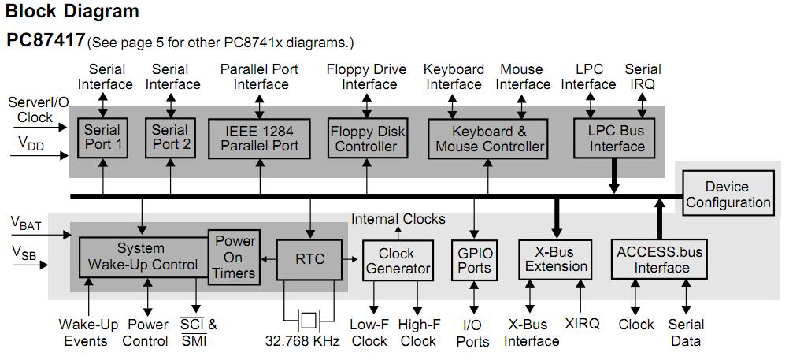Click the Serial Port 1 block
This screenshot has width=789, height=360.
coord(103,137)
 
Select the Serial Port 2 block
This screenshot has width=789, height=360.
coord(171,137)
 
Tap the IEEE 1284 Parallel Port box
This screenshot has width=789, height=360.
coord(259,137)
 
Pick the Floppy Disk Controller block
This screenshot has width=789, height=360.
coord(366,138)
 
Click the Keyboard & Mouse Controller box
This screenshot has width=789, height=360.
coord(490,138)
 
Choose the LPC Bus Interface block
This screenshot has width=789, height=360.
coord(617,138)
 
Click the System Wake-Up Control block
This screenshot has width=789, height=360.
coord(142,257)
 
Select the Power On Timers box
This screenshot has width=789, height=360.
coord(235,257)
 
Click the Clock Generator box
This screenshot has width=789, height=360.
coord(397,261)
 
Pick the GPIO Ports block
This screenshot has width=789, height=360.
coord(475,260)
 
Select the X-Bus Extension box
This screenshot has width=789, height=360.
coord(556,259)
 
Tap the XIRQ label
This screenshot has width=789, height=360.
coord(582,324)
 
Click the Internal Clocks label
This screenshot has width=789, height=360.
coord(398,219)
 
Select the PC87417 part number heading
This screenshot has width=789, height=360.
coord(45,39)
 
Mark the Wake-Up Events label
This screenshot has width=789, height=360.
coord(87,332)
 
